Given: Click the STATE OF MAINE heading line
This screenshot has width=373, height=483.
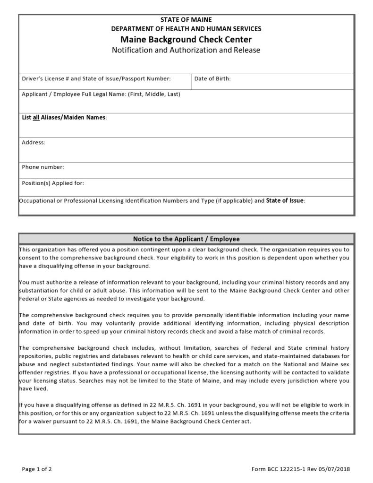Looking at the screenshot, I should coord(186,20).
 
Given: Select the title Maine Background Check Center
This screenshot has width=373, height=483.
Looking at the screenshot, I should coord(186,39).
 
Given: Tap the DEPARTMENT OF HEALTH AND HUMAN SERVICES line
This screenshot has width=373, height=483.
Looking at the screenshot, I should coord(186,29).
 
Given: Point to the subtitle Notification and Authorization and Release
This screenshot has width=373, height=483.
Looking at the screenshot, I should coord(186,50).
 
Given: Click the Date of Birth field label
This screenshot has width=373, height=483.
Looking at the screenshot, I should coord(212,78).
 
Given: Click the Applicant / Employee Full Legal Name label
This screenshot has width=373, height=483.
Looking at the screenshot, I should coord(101,94).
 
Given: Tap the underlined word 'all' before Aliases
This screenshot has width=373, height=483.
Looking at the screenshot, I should coord(35,118).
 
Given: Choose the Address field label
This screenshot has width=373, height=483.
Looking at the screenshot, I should coord(34,142).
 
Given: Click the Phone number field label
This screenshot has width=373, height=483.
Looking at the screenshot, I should coord(43,167).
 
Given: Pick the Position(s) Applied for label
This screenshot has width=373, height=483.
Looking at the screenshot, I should coord(53,183).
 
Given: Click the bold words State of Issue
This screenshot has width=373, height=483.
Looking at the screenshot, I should coord(285,200).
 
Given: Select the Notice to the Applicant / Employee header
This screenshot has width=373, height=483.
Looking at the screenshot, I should coord(186,239).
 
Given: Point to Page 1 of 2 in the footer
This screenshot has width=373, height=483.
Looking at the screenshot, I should coord(37,469).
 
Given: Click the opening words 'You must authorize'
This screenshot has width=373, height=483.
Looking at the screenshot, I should coord(44,282).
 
